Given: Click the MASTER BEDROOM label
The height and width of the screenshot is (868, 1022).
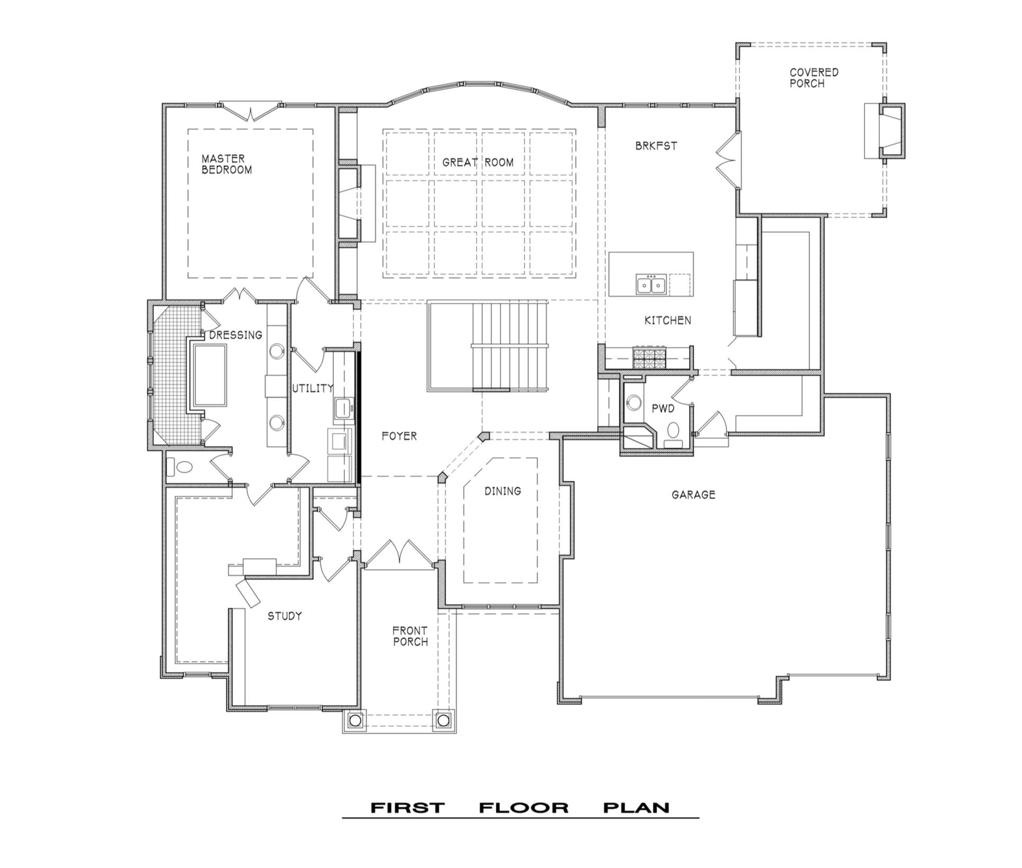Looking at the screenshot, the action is (226, 164).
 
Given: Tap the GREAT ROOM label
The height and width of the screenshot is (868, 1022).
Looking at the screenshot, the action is (478, 162).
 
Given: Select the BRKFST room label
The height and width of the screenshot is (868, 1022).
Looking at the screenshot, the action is (656, 146).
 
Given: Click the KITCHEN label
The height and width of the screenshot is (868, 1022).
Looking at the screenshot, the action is (668, 320).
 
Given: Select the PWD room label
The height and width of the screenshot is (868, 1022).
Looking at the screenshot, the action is (663, 409).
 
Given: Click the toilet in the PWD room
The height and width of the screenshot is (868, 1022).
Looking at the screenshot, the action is (673, 432).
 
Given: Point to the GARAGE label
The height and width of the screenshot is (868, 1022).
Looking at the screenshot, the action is (693, 495).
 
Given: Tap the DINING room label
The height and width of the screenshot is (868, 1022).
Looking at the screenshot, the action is (503, 491).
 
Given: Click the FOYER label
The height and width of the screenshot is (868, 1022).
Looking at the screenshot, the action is (399, 436).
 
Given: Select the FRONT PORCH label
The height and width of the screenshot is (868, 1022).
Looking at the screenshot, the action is (410, 636).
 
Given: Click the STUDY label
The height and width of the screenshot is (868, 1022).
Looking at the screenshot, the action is (285, 616).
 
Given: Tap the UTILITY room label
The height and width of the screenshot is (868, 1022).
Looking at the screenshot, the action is (313, 389).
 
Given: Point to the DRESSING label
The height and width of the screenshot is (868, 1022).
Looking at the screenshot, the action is (236, 335).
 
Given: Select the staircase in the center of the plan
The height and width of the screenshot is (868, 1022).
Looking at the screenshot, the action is (487, 346).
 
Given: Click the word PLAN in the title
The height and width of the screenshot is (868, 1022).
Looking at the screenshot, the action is (637, 808).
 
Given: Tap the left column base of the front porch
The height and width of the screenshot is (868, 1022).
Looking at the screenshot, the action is (355, 719).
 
